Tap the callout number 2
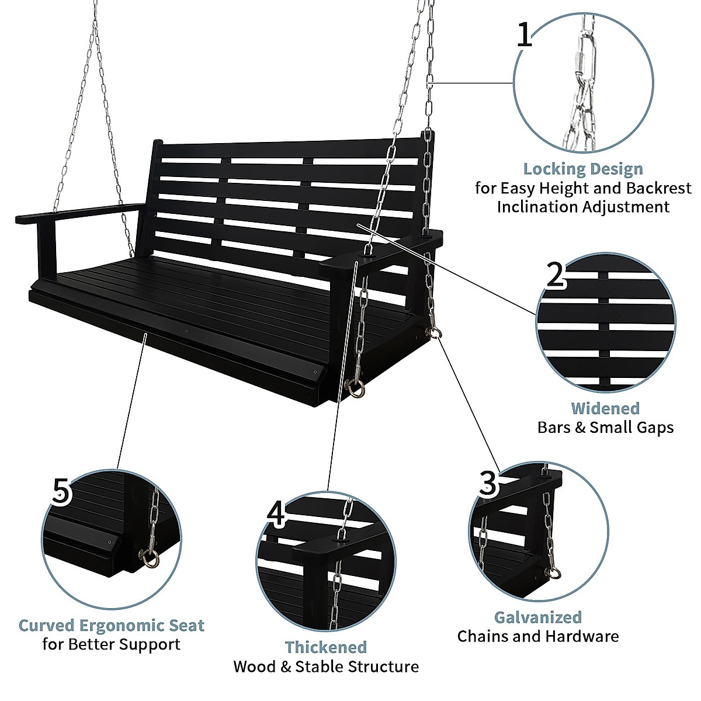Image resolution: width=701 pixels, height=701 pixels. tap(556, 275)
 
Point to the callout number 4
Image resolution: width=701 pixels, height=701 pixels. tap(276, 514)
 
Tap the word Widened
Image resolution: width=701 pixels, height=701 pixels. tap(605, 408)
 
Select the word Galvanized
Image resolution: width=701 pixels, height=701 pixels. tap(538, 617)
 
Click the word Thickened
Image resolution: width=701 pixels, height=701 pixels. tap(326, 647)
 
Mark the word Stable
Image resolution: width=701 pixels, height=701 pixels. tap(319, 667)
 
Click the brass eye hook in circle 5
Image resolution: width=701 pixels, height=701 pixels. tap(149, 557)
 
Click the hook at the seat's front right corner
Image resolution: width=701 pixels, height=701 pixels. tap(355, 387)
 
